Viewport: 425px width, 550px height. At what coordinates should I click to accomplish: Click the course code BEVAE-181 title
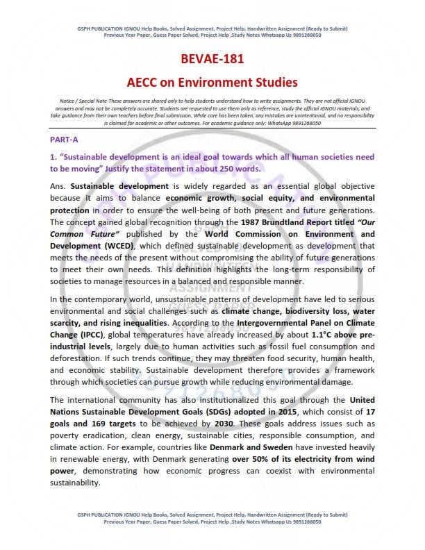tap(212, 60)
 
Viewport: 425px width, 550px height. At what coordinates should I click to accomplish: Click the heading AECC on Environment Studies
tap(212, 82)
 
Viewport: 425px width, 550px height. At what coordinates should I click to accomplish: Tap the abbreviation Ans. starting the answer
tap(59, 187)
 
